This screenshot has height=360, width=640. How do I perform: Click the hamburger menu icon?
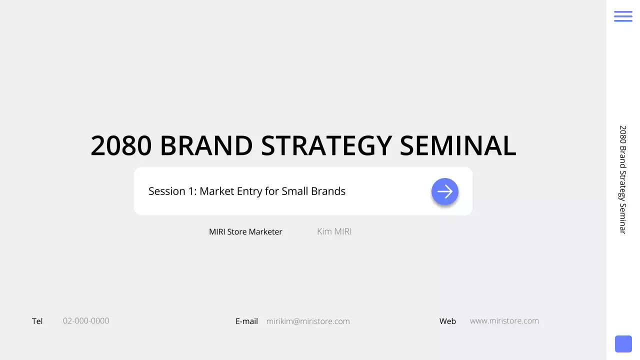tap(623, 16)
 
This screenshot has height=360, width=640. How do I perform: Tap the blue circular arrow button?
tap(444, 191)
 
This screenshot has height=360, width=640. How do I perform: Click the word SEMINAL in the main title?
tap(457, 146)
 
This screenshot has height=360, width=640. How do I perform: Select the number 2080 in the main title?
tap(121, 146)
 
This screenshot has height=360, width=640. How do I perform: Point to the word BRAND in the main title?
tap(206, 146)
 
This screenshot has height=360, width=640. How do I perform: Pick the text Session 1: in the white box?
tap(172, 191)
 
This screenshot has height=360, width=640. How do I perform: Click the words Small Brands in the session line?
tap(313, 191)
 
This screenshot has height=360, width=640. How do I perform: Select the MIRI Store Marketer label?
tap(245, 232)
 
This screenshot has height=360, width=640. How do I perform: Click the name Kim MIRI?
tap(334, 231)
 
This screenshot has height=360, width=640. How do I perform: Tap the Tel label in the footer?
tap(37, 321)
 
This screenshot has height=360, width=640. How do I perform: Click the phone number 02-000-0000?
tap(86, 321)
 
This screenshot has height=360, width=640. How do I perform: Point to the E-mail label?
tap(246, 321)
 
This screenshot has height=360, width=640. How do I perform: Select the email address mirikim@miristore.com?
tap(308, 321)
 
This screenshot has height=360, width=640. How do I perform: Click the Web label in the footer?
tap(447, 321)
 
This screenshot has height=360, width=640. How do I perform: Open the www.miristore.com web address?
tap(504, 321)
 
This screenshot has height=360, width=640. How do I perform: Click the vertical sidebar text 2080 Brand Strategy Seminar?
tap(622, 179)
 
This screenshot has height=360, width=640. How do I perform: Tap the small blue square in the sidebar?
tap(623, 344)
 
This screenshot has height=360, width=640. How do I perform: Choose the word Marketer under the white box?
tap(265, 232)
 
